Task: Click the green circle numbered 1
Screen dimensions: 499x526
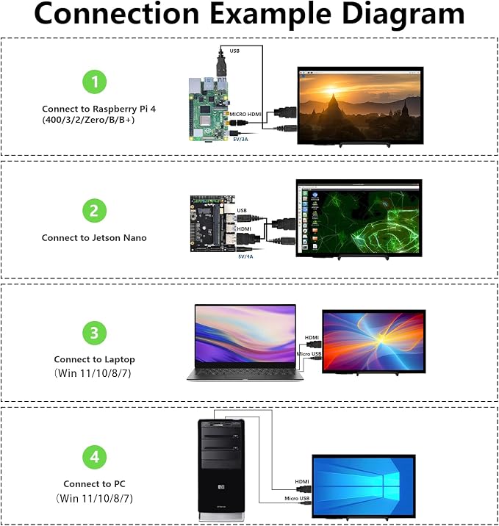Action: (95, 82)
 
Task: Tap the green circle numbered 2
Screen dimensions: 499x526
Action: (95, 211)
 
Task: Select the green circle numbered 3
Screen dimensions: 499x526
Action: (95, 333)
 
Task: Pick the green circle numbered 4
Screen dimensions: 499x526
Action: (95, 457)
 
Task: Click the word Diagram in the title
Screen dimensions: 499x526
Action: (403, 14)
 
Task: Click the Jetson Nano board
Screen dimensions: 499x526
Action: (212, 224)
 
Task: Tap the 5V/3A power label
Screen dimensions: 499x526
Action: (240, 140)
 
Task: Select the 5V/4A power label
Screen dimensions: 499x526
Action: (245, 256)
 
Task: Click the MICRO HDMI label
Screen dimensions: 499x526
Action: (245, 115)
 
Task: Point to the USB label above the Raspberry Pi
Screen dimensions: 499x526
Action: (234, 51)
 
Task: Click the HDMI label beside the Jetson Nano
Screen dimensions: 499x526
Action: (244, 228)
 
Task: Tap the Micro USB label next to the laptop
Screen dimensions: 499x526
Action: (309, 354)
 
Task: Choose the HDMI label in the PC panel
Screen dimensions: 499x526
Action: (302, 482)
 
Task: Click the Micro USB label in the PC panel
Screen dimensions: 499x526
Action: (297, 499)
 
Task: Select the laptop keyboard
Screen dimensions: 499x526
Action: (244, 372)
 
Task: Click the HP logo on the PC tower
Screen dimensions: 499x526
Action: (221, 487)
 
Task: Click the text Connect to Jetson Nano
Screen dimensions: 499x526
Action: (94, 238)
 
